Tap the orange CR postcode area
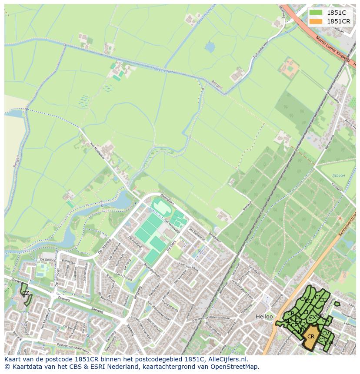[311, 337]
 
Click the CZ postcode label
[26, 293]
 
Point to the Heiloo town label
[264, 317]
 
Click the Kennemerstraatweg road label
[346, 226]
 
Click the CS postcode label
[325, 321]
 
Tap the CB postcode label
[291, 314]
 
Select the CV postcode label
[325, 334]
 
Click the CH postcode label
[307, 312]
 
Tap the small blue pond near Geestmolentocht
[210, 46]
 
